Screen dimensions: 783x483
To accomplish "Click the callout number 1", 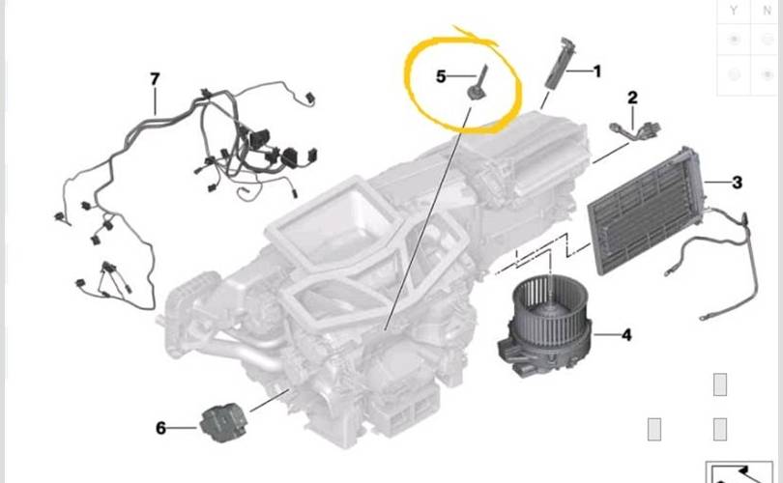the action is pos(596,71).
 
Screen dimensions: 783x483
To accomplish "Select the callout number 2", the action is pos(632,98).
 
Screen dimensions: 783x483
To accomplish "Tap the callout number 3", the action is pos(737,183).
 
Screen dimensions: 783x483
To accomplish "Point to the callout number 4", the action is pos(626,335).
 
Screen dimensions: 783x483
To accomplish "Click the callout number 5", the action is pos(441,76).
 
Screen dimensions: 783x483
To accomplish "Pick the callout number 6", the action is pos(160,428).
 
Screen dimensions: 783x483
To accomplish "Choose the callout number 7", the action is pos(155,79).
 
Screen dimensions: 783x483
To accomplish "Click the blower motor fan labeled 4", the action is pos(544,326).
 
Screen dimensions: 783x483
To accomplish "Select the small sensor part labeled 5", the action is pos(477,84).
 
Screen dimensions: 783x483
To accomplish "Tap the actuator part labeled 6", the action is pos(222,423).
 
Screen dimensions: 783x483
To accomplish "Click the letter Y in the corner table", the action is pos(733,11).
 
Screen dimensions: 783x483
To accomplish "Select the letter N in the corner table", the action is pos(768,11).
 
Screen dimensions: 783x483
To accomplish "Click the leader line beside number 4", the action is pos(606,334).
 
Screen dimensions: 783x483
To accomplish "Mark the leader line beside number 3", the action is pos(717,183).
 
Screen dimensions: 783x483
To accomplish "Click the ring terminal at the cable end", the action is pos(704,317).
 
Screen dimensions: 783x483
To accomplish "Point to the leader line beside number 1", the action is pos(578,71).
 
